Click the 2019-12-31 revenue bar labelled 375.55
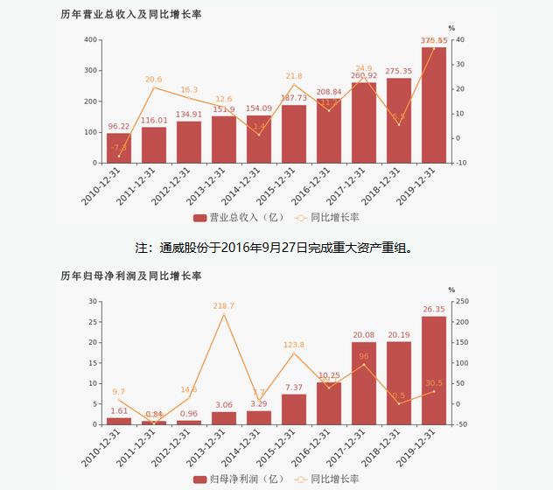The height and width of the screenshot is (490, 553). [433, 105]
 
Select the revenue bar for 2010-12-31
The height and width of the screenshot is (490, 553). [119, 148]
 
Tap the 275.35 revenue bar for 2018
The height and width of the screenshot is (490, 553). [398, 121]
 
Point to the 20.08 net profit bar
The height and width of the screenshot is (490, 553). [364, 383]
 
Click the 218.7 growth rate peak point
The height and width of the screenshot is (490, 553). [224, 315]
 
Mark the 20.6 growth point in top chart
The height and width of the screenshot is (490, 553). [154, 87]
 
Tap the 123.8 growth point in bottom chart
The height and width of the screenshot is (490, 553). [294, 353]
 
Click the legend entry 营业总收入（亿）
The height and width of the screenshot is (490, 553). [231, 217]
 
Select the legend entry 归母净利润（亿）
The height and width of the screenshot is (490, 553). [231, 479]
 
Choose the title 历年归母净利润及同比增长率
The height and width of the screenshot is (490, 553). [131, 276]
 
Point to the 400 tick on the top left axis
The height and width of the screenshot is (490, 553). [90, 40]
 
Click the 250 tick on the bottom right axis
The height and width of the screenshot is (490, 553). [461, 302]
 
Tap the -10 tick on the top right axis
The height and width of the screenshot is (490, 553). [461, 163]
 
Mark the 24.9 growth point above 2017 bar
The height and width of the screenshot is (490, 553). [364, 77]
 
